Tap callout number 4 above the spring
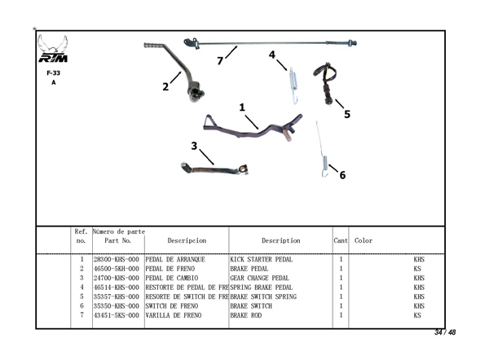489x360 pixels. (271, 55)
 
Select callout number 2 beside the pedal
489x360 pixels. (165, 86)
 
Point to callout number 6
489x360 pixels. (342, 174)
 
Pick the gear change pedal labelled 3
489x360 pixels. (214, 169)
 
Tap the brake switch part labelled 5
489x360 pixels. (329, 83)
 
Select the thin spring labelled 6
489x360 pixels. (322, 147)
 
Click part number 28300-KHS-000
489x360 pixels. (116, 260)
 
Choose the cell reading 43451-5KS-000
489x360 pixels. (116, 314)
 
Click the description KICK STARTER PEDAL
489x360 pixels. (261, 260)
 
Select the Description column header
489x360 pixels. (280, 241)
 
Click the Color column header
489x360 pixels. (363, 241)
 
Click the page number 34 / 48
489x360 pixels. (444, 332)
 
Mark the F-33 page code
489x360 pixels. (54, 72)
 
